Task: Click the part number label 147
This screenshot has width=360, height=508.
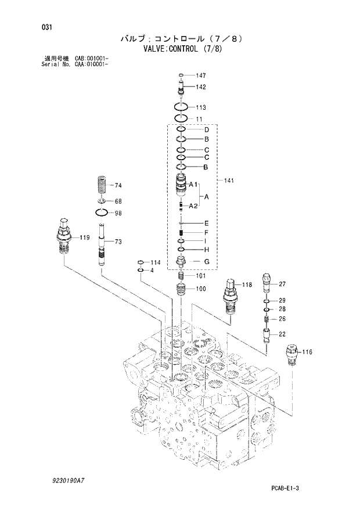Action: (x=201, y=76)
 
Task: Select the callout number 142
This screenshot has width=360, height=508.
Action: (x=201, y=87)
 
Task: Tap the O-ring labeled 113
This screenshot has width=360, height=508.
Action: (x=181, y=107)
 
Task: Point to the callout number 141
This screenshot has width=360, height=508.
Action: (x=229, y=182)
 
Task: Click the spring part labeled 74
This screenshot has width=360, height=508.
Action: (x=103, y=186)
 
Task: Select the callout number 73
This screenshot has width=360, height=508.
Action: (x=117, y=242)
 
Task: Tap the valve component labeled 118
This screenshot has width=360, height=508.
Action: (x=230, y=296)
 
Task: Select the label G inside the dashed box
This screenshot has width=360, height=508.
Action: (x=206, y=261)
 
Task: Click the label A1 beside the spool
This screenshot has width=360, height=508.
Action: (x=194, y=185)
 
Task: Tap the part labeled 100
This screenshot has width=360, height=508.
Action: (x=181, y=289)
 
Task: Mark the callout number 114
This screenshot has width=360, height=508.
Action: (x=156, y=262)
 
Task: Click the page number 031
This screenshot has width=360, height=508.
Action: (x=40, y=26)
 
